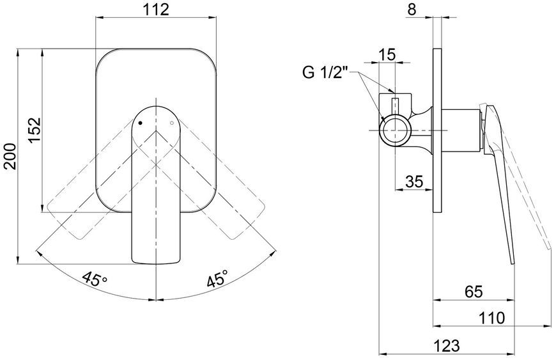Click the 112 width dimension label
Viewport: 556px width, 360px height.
156,10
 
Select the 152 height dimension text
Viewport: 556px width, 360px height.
35,130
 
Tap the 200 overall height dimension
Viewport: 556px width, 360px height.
10,156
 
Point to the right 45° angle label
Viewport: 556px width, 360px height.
218,279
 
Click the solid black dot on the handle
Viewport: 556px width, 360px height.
140,123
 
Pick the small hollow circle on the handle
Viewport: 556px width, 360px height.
172,123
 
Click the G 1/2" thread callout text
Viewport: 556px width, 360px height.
324,73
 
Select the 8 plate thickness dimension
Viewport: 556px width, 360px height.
412,10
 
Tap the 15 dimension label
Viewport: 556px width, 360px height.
387,55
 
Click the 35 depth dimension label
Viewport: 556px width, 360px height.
414,182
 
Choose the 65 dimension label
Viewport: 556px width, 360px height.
474,292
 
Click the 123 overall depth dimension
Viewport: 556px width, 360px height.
447,345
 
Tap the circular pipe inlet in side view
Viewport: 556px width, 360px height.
395,130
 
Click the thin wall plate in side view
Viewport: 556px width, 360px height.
438,130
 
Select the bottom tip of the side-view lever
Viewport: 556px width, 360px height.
513,263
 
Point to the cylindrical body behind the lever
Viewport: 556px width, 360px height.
461,130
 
